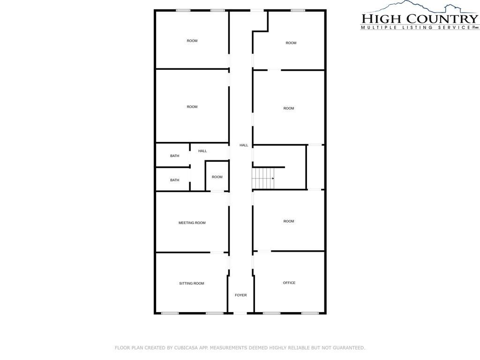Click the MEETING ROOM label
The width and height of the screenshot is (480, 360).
point(192,223)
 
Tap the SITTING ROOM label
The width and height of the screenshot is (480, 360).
point(192,284)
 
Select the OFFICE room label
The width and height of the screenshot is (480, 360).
point(289,283)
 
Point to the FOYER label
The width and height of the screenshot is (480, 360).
point(240,295)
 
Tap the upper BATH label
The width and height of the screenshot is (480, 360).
point(174,156)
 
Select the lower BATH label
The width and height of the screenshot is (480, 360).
point(174,180)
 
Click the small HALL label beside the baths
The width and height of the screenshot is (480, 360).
point(202,151)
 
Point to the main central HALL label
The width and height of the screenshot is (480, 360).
point(244,145)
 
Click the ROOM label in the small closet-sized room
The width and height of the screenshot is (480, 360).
point(217,177)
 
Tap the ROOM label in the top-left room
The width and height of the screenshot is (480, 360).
point(192,41)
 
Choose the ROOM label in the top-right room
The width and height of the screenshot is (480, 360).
point(291,43)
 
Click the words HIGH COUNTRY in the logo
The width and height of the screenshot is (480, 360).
point(420,19)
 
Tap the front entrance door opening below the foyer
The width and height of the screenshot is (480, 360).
point(240,313)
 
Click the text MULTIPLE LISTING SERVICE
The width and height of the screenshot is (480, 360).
point(416,27)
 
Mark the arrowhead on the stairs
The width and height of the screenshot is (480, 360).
point(273,178)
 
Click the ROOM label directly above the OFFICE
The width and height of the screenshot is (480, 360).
point(289,221)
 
